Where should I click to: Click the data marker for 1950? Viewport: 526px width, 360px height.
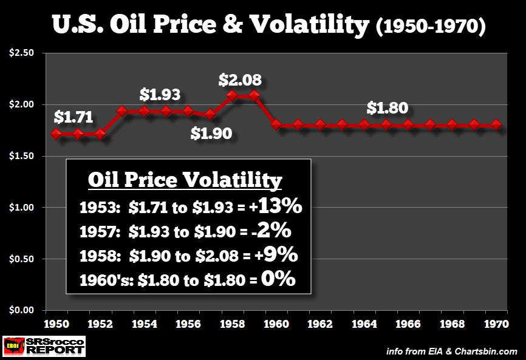tap(56, 134)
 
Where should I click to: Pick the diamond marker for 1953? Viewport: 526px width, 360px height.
tap(121, 111)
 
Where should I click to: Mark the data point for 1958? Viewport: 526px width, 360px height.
tap(231, 95)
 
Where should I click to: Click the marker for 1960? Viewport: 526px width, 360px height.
tap(276, 124)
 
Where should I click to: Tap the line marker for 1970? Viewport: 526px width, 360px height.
tap(496, 124)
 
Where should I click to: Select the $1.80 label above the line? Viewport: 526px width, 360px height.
tap(386, 109)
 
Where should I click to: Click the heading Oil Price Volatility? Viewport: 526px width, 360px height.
tap(185, 180)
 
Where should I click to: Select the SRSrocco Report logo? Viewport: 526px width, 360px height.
tap(44, 346)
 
